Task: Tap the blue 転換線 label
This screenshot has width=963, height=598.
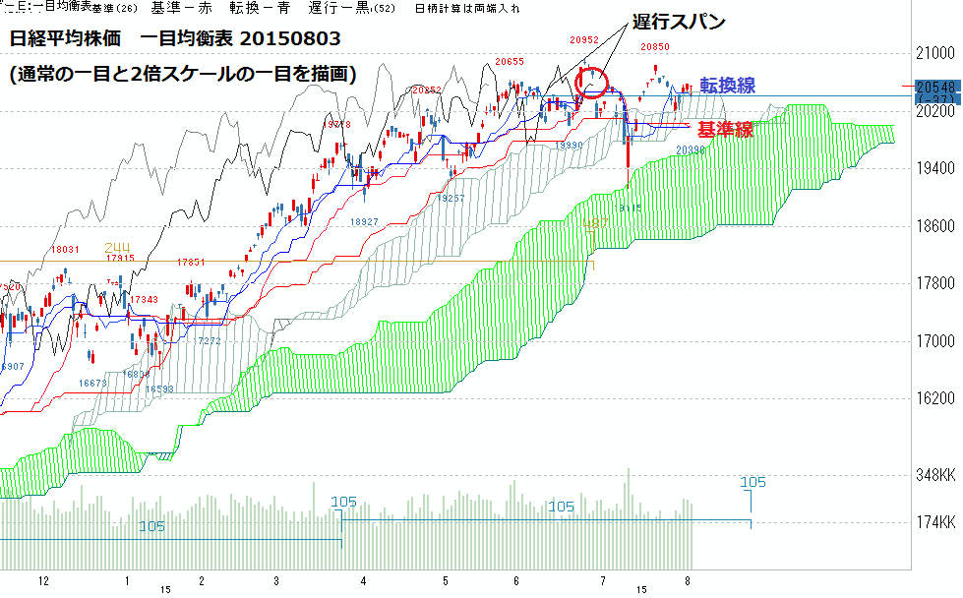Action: (x=728, y=86)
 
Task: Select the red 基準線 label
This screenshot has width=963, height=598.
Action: (x=726, y=129)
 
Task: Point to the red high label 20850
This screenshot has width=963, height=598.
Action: (x=656, y=46)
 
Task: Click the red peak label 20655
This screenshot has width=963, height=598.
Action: (x=509, y=62)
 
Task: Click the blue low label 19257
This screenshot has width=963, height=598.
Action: (x=451, y=198)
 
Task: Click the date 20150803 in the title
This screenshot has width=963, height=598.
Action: (x=291, y=39)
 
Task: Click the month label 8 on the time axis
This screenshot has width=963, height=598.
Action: (x=688, y=581)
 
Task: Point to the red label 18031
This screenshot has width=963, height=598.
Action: (x=66, y=250)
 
